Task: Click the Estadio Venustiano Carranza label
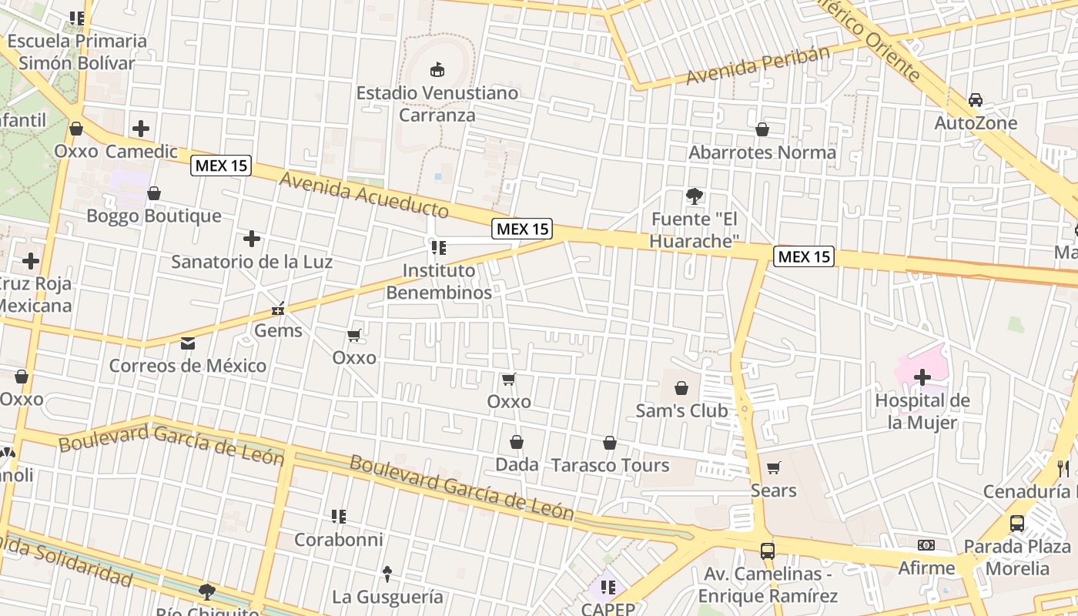pyautogui.click(x=437, y=104)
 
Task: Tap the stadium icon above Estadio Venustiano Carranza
pyautogui.click(x=437, y=70)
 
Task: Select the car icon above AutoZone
pyautogui.click(x=976, y=100)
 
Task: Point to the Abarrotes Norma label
pyautogui.click(x=762, y=152)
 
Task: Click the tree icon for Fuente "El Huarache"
pyautogui.click(x=695, y=196)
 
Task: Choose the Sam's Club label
pyautogui.click(x=681, y=410)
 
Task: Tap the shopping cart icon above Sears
pyautogui.click(x=774, y=467)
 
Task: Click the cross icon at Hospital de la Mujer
pyautogui.click(x=922, y=377)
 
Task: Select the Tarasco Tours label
pyautogui.click(x=610, y=465)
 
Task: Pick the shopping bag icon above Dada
pyautogui.click(x=517, y=442)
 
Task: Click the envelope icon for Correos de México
pyautogui.click(x=188, y=343)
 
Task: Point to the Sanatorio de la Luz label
pyautogui.click(x=252, y=262)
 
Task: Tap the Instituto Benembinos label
pyautogui.click(x=438, y=282)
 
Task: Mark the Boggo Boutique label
pyautogui.click(x=154, y=216)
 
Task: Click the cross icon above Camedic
pyautogui.click(x=141, y=129)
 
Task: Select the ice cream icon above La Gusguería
pyautogui.click(x=387, y=574)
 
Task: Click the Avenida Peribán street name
pyautogui.click(x=758, y=66)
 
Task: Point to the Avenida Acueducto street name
pyautogui.click(x=363, y=195)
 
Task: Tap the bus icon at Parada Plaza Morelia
pyautogui.click(x=1017, y=524)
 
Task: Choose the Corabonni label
pyautogui.click(x=338, y=540)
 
